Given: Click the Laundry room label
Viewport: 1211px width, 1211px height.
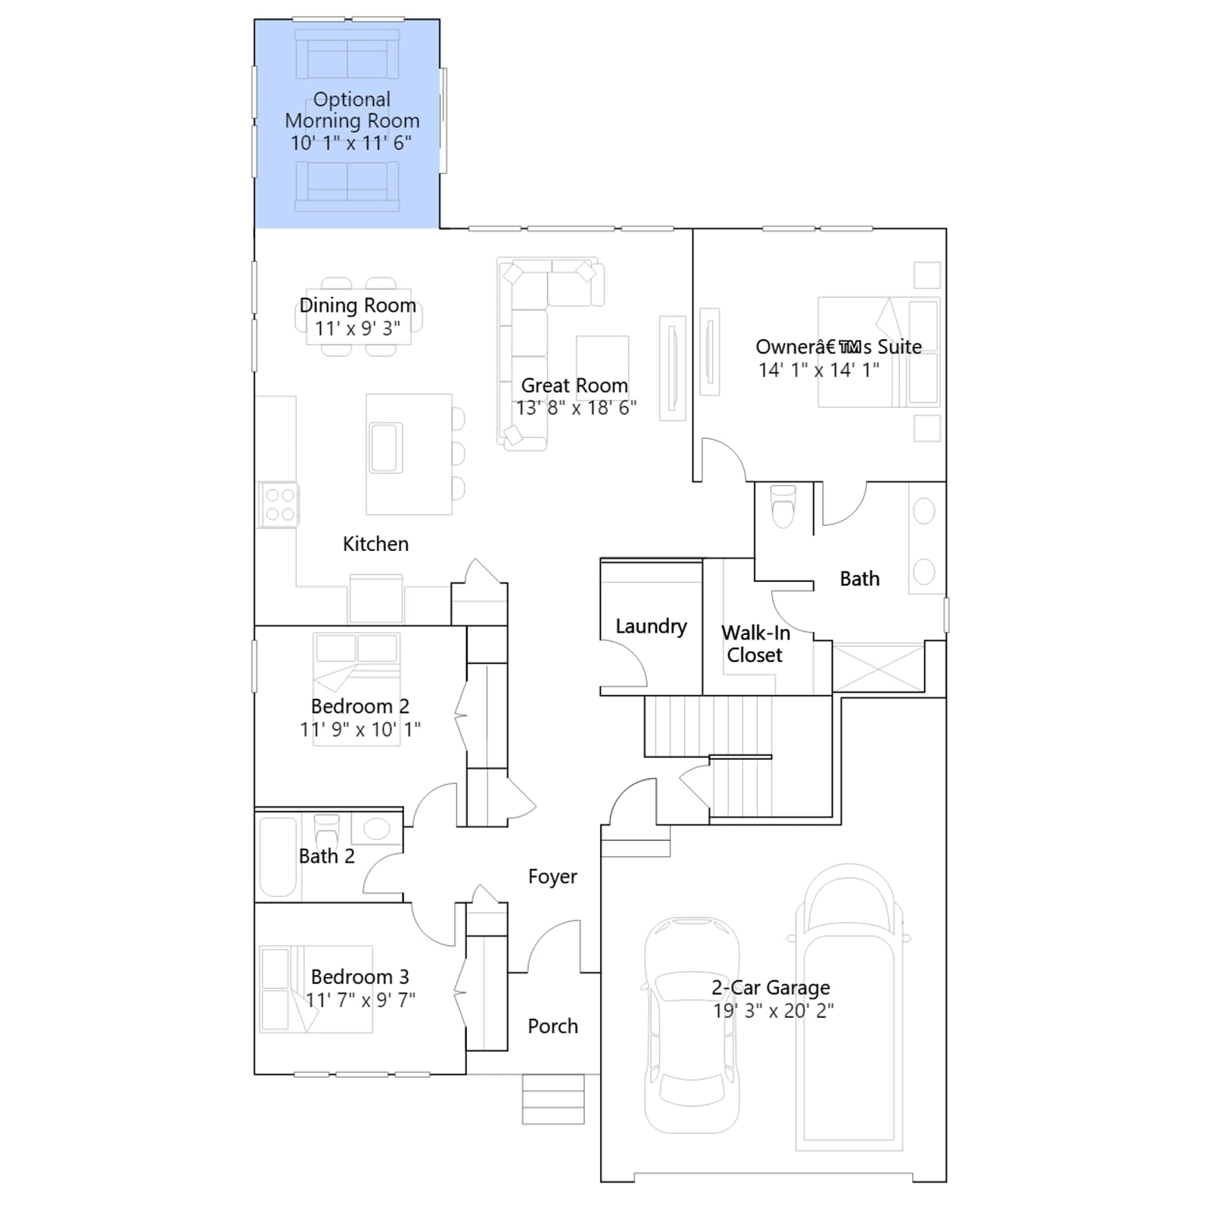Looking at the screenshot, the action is pyautogui.click(x=651, y=627).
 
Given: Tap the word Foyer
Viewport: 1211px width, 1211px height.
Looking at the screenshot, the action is pyautogui.click(x=553, y=876).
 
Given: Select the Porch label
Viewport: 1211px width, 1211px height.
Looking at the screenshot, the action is pyautogui.click(x=553, y=1026).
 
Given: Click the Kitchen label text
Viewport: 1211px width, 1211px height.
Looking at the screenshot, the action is pyautogui.click(x=375, y=544).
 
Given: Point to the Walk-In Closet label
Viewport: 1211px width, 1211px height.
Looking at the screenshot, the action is pyautogui.click(x=755, y=644).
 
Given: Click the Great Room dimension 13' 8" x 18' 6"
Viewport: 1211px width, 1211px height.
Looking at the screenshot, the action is pyautogui.click(x=576, y=408).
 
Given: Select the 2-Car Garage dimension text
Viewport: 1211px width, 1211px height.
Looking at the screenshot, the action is pyautogui.click(x=773, y=1010).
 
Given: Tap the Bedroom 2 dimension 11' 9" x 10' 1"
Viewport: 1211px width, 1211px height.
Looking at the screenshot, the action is pyautogui.click(x=360, y=730).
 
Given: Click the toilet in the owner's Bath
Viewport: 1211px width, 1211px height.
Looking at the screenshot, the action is pyautogui.click(x=783, y=505).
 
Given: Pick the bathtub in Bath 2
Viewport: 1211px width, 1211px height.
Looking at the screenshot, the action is pyautogui.click(x=278, y=857).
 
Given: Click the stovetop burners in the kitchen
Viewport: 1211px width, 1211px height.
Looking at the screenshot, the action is pyautogui.click(x=279, y=505).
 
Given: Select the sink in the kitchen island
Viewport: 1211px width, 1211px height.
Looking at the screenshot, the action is pyautogui.click(x=386, y=448).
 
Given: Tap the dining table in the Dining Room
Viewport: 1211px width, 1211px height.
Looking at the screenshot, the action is pyautogui.click(x=359, y=317).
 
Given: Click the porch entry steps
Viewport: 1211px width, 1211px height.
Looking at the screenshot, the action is pyautogui.click(x=553, y=1099).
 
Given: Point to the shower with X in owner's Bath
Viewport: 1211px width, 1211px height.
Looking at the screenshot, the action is pyautogui.click(x=878, y=667).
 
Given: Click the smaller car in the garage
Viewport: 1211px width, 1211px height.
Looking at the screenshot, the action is pyautogui.click(x=691, y=1026).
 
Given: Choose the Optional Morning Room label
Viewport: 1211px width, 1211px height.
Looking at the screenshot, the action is pyautogui.click(x=352, y=111).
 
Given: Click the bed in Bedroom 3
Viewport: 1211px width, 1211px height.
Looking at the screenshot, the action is pyautogui.click(x=316, y=989).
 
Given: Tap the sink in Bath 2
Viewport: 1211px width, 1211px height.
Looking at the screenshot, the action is pyautogui.click(x=377, y=829).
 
